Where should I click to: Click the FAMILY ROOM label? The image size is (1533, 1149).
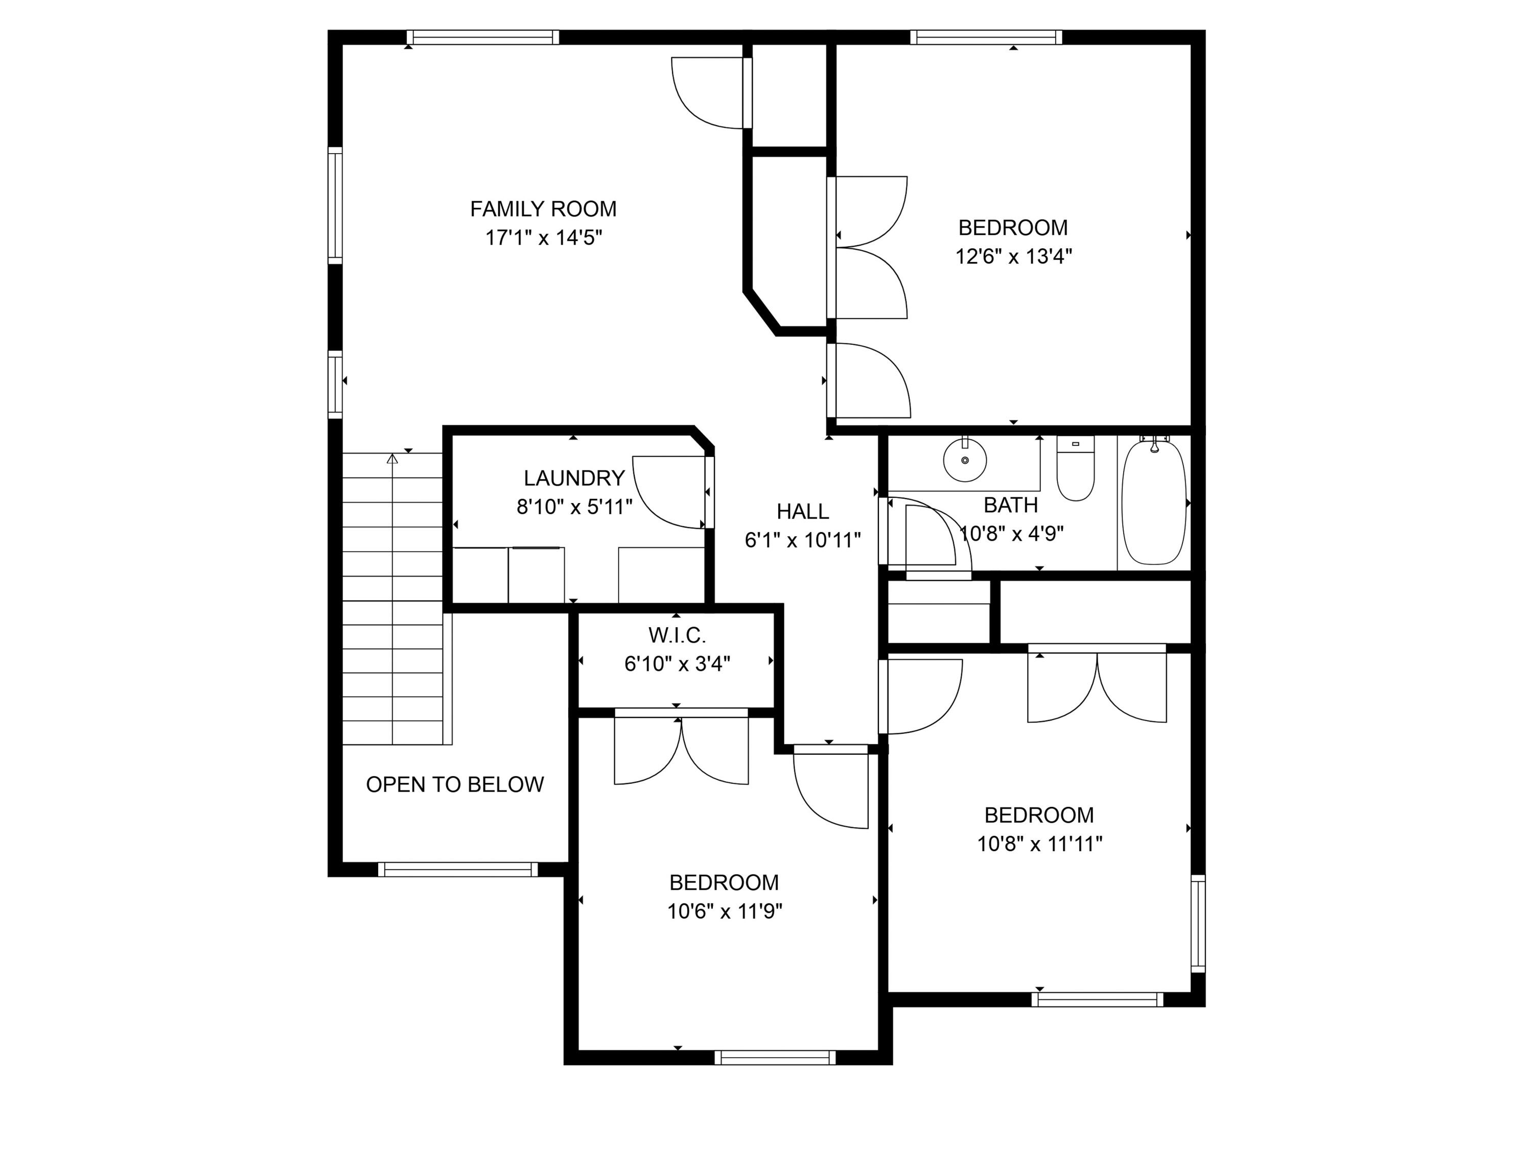click(x=543, y=208)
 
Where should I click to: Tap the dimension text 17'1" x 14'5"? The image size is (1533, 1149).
click(x=543, y=237)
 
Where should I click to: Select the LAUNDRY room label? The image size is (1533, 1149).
click(x=574, y=478)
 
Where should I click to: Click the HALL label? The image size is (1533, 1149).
click(x=803, y=511)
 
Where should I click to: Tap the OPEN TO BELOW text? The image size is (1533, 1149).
click(x=455, y=784)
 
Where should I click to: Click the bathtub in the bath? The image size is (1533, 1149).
click(x=1153, y=503)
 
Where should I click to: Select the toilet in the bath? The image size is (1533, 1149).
click(x=1075, y=469)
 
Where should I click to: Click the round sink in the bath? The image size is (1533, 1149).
click(x=965, y=460)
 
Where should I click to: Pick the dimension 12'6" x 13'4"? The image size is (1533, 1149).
click(x=1013, y=256)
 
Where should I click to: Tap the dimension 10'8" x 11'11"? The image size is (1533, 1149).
click(x=1039, y=844)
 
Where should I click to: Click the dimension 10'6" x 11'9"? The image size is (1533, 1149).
click(x=724, y=911)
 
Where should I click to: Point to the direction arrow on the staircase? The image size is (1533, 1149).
click(x=392, y=459)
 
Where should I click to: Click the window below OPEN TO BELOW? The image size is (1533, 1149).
click(x=457, y=869)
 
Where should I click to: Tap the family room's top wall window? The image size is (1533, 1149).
click(x=482, y=37)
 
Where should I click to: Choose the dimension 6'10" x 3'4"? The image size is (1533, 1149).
click(x=677, y=663)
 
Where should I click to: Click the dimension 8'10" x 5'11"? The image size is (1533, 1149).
click(x=574, y=507)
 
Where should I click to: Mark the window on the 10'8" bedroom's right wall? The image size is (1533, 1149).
click(x=1198, y=923)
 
